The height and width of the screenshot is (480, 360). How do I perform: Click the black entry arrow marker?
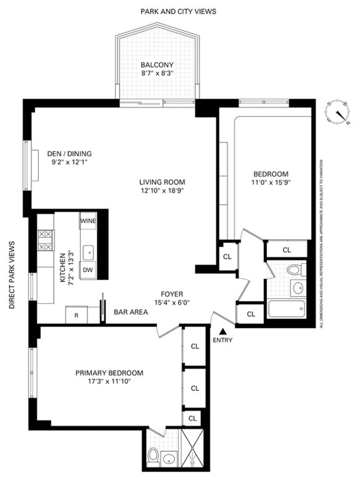tap(223, 331)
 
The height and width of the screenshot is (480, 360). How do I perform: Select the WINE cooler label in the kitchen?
tap(88, 221)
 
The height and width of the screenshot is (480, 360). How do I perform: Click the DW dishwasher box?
tap(88, 270)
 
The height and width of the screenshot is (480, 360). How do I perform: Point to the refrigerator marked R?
tap(76, 315)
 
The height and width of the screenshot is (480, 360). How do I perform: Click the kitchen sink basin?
tap(88, 253)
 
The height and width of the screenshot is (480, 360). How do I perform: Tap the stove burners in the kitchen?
tap(45, 240)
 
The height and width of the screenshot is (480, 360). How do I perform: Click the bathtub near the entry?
tap(287, 309)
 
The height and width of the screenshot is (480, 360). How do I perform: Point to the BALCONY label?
tap(157, 65)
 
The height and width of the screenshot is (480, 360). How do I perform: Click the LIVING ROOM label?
tap(162, 182)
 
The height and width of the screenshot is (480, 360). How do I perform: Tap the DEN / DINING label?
tap(69, 154)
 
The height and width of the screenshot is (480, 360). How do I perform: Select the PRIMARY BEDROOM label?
tap(109, 373)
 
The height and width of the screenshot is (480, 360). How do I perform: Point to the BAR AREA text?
tap(131, 312)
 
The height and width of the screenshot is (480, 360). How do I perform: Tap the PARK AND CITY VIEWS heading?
tap(178, 12)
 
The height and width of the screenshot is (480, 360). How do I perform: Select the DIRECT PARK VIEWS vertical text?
tap(12, 275)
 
